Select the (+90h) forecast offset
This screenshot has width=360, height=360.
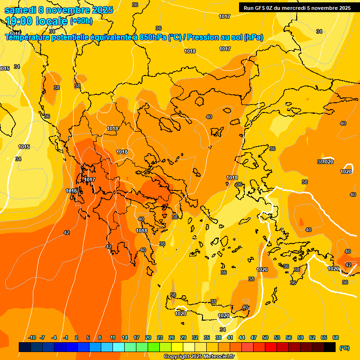click(82, 21)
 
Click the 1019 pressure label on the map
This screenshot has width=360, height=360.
click(232, 178)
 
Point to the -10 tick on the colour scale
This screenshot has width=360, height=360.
click(32, 337)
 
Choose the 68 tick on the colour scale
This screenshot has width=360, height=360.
click(336, 337)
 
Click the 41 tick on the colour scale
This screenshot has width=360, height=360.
click(230, 337)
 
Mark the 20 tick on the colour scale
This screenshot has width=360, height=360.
click(148, 337)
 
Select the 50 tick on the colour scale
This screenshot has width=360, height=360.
click(265, 337)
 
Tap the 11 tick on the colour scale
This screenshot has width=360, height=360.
click(113, 337)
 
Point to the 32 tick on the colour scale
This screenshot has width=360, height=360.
click(195, 337)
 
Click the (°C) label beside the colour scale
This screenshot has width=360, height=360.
click(345, 347)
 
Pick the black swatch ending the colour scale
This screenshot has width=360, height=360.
click(330, 347)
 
